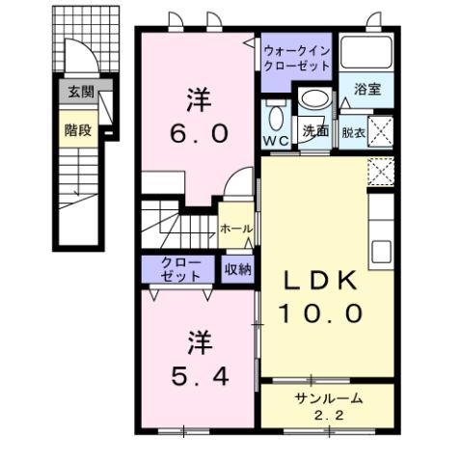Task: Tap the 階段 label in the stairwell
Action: (79, 130)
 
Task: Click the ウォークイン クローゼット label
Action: (297, 56)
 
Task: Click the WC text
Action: (276, 139)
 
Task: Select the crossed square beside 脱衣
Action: (380, 128)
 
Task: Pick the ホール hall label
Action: (235, 229)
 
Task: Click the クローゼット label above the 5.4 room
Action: (182, 269)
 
